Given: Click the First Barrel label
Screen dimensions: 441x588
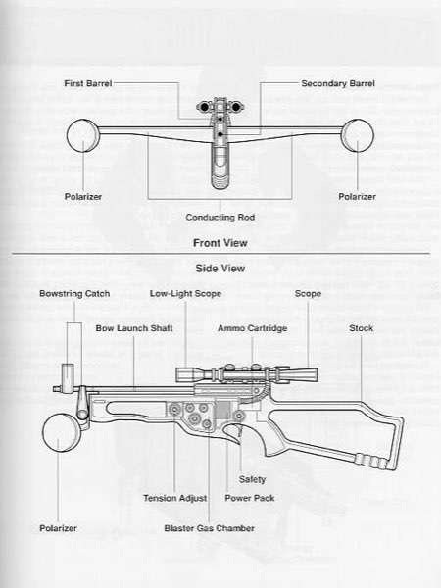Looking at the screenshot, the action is (88, 83).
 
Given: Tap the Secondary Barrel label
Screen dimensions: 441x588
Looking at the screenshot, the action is (338, 83).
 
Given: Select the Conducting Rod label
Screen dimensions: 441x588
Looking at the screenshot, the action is (220, 218).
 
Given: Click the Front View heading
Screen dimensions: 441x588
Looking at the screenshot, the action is (220, 243).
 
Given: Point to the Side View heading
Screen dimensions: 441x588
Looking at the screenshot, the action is (220, 269).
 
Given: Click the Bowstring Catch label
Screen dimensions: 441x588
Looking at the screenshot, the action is (74, 294).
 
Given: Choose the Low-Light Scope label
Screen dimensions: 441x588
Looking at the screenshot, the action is (185, 294).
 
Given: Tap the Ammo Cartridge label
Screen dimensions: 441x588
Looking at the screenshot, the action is (253, 328).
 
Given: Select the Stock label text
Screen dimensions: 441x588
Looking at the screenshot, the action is (361, 328).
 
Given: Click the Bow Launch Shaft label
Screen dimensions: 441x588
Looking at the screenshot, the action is (134, 328).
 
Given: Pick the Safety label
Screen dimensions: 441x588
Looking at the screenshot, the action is (252, 479).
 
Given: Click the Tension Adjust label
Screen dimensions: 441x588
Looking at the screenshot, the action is (174, 499).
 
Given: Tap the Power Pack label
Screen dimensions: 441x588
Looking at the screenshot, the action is (250, 499).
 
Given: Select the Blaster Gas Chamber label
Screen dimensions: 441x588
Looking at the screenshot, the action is (210, 528).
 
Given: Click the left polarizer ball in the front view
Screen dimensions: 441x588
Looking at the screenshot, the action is (82, 135).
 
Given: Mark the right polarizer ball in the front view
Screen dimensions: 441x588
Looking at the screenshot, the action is (357, 135).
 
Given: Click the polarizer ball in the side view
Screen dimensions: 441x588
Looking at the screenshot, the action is (61, 433).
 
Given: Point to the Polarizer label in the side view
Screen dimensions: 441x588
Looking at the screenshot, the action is (58, 528).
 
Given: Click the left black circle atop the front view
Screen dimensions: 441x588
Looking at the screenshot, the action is (204, 107).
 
